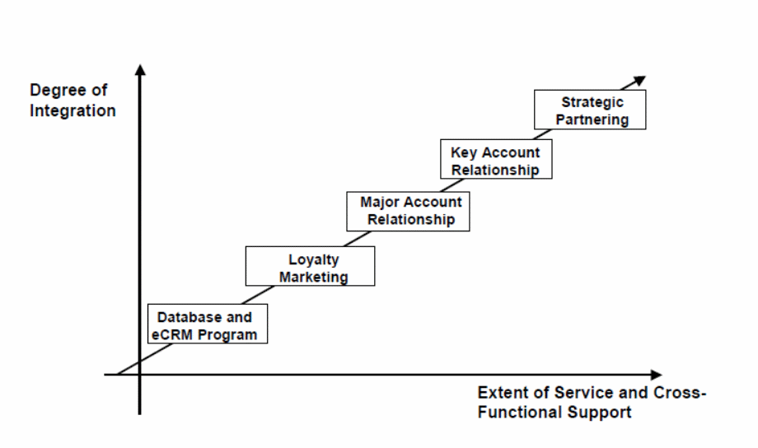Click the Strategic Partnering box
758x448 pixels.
[x=590, y=110]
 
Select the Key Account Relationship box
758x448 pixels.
[x=495, y=160]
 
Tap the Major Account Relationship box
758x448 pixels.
[x=410, y=210]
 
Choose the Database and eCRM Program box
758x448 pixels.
[x=207, y=324]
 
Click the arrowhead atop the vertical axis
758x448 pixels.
[x=140, y=69]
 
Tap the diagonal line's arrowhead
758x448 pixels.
[x=640, y=79]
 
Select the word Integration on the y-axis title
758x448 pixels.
[x=73, y=110]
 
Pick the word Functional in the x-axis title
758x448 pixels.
[x=516, y=412]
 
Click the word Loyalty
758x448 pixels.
[x=313, y=259]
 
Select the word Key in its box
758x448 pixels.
[x=464, y=152]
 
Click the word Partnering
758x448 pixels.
[x=592, y=120]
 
